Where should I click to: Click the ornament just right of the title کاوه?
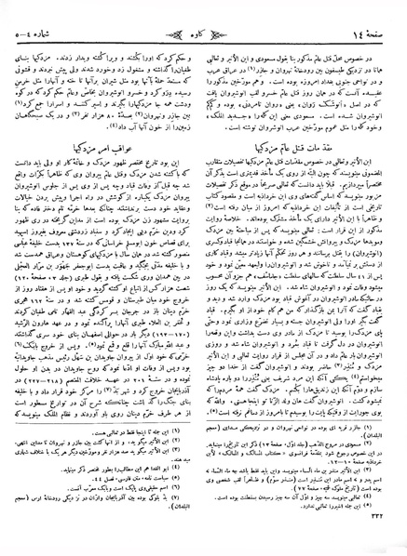225,12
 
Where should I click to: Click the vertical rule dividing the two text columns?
203,279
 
